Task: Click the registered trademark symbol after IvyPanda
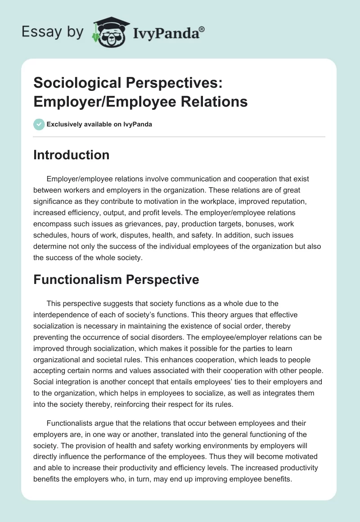tap(202, 29)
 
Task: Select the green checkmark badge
tap(39, 124)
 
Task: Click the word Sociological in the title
tap(73, 83)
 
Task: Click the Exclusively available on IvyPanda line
tap(99, 125)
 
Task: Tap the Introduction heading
tap(72, 155)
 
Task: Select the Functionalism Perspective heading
tap(116, 279)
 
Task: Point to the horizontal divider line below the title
tap(179, 137)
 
